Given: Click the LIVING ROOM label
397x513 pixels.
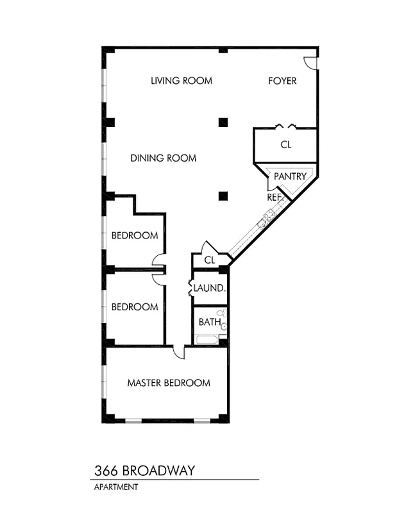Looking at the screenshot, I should (182, 81).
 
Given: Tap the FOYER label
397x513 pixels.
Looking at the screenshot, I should (282, 81).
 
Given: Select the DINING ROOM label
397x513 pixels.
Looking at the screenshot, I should (164, 158).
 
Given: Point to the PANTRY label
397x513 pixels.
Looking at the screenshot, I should (290, 176).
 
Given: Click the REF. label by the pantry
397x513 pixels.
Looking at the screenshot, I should (275, 198).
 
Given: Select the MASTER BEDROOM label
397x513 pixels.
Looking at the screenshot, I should (169, 383).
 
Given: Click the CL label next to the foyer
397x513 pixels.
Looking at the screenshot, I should (286, 145).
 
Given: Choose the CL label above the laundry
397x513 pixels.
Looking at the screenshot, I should (209, 260).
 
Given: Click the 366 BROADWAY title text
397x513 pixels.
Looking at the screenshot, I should (143, 471).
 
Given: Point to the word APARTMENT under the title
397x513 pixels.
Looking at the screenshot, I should (116, 487).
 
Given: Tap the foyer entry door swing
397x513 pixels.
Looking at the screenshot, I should (310, 62).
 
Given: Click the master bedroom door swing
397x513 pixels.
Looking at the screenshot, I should (179, 352).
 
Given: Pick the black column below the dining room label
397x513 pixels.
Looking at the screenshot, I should (223, 196).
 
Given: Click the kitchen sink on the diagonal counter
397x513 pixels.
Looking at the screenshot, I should (263, 223).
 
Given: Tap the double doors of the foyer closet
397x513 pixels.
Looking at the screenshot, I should (285, 126).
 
